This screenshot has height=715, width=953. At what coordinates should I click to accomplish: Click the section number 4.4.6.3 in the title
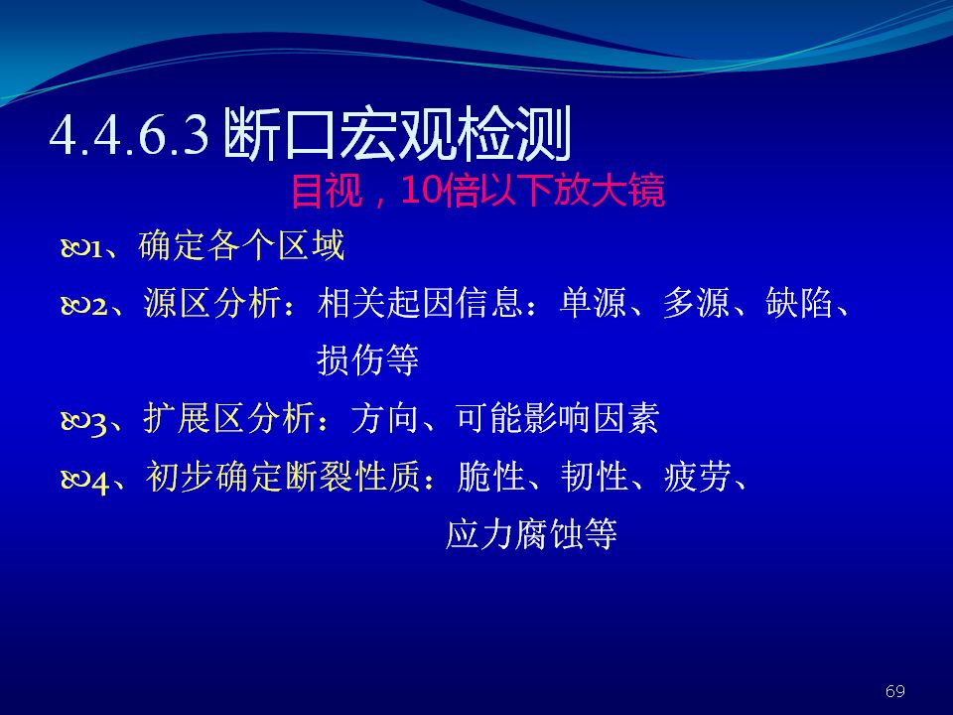pos(129,135)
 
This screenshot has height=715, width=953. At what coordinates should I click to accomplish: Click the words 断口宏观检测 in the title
pos(397,134)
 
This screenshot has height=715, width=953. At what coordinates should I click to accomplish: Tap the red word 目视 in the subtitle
pos(327,191)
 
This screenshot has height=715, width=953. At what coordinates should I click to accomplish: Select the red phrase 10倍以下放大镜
pos(533,191)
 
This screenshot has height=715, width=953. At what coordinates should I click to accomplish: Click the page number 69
pos(895,691)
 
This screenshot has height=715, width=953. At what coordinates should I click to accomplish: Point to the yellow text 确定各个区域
pos(241,245)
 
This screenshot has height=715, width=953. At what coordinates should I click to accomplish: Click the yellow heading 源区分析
pos(212,302)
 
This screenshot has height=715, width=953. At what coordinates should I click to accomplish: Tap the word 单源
pos(593,302)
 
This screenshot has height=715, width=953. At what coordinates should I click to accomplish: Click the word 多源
pos(696,302)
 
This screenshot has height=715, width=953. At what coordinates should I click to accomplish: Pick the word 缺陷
pos(799,302)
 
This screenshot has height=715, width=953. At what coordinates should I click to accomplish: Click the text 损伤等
pos(367,359)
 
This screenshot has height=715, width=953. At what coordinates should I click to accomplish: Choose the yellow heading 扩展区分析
pos(229,418)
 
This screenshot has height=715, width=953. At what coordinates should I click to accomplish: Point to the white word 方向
pos(385,418)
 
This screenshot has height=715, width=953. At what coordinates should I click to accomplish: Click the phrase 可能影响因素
pos(557,418)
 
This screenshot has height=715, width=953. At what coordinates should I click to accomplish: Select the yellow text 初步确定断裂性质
pos(283,476)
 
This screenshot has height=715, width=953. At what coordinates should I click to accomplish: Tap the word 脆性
pos(491,476)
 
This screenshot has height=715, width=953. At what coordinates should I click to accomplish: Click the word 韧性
pos(595,476)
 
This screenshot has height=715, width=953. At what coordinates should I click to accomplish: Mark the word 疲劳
pos(698,476)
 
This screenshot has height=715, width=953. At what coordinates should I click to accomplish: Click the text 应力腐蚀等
pos(531,534)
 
